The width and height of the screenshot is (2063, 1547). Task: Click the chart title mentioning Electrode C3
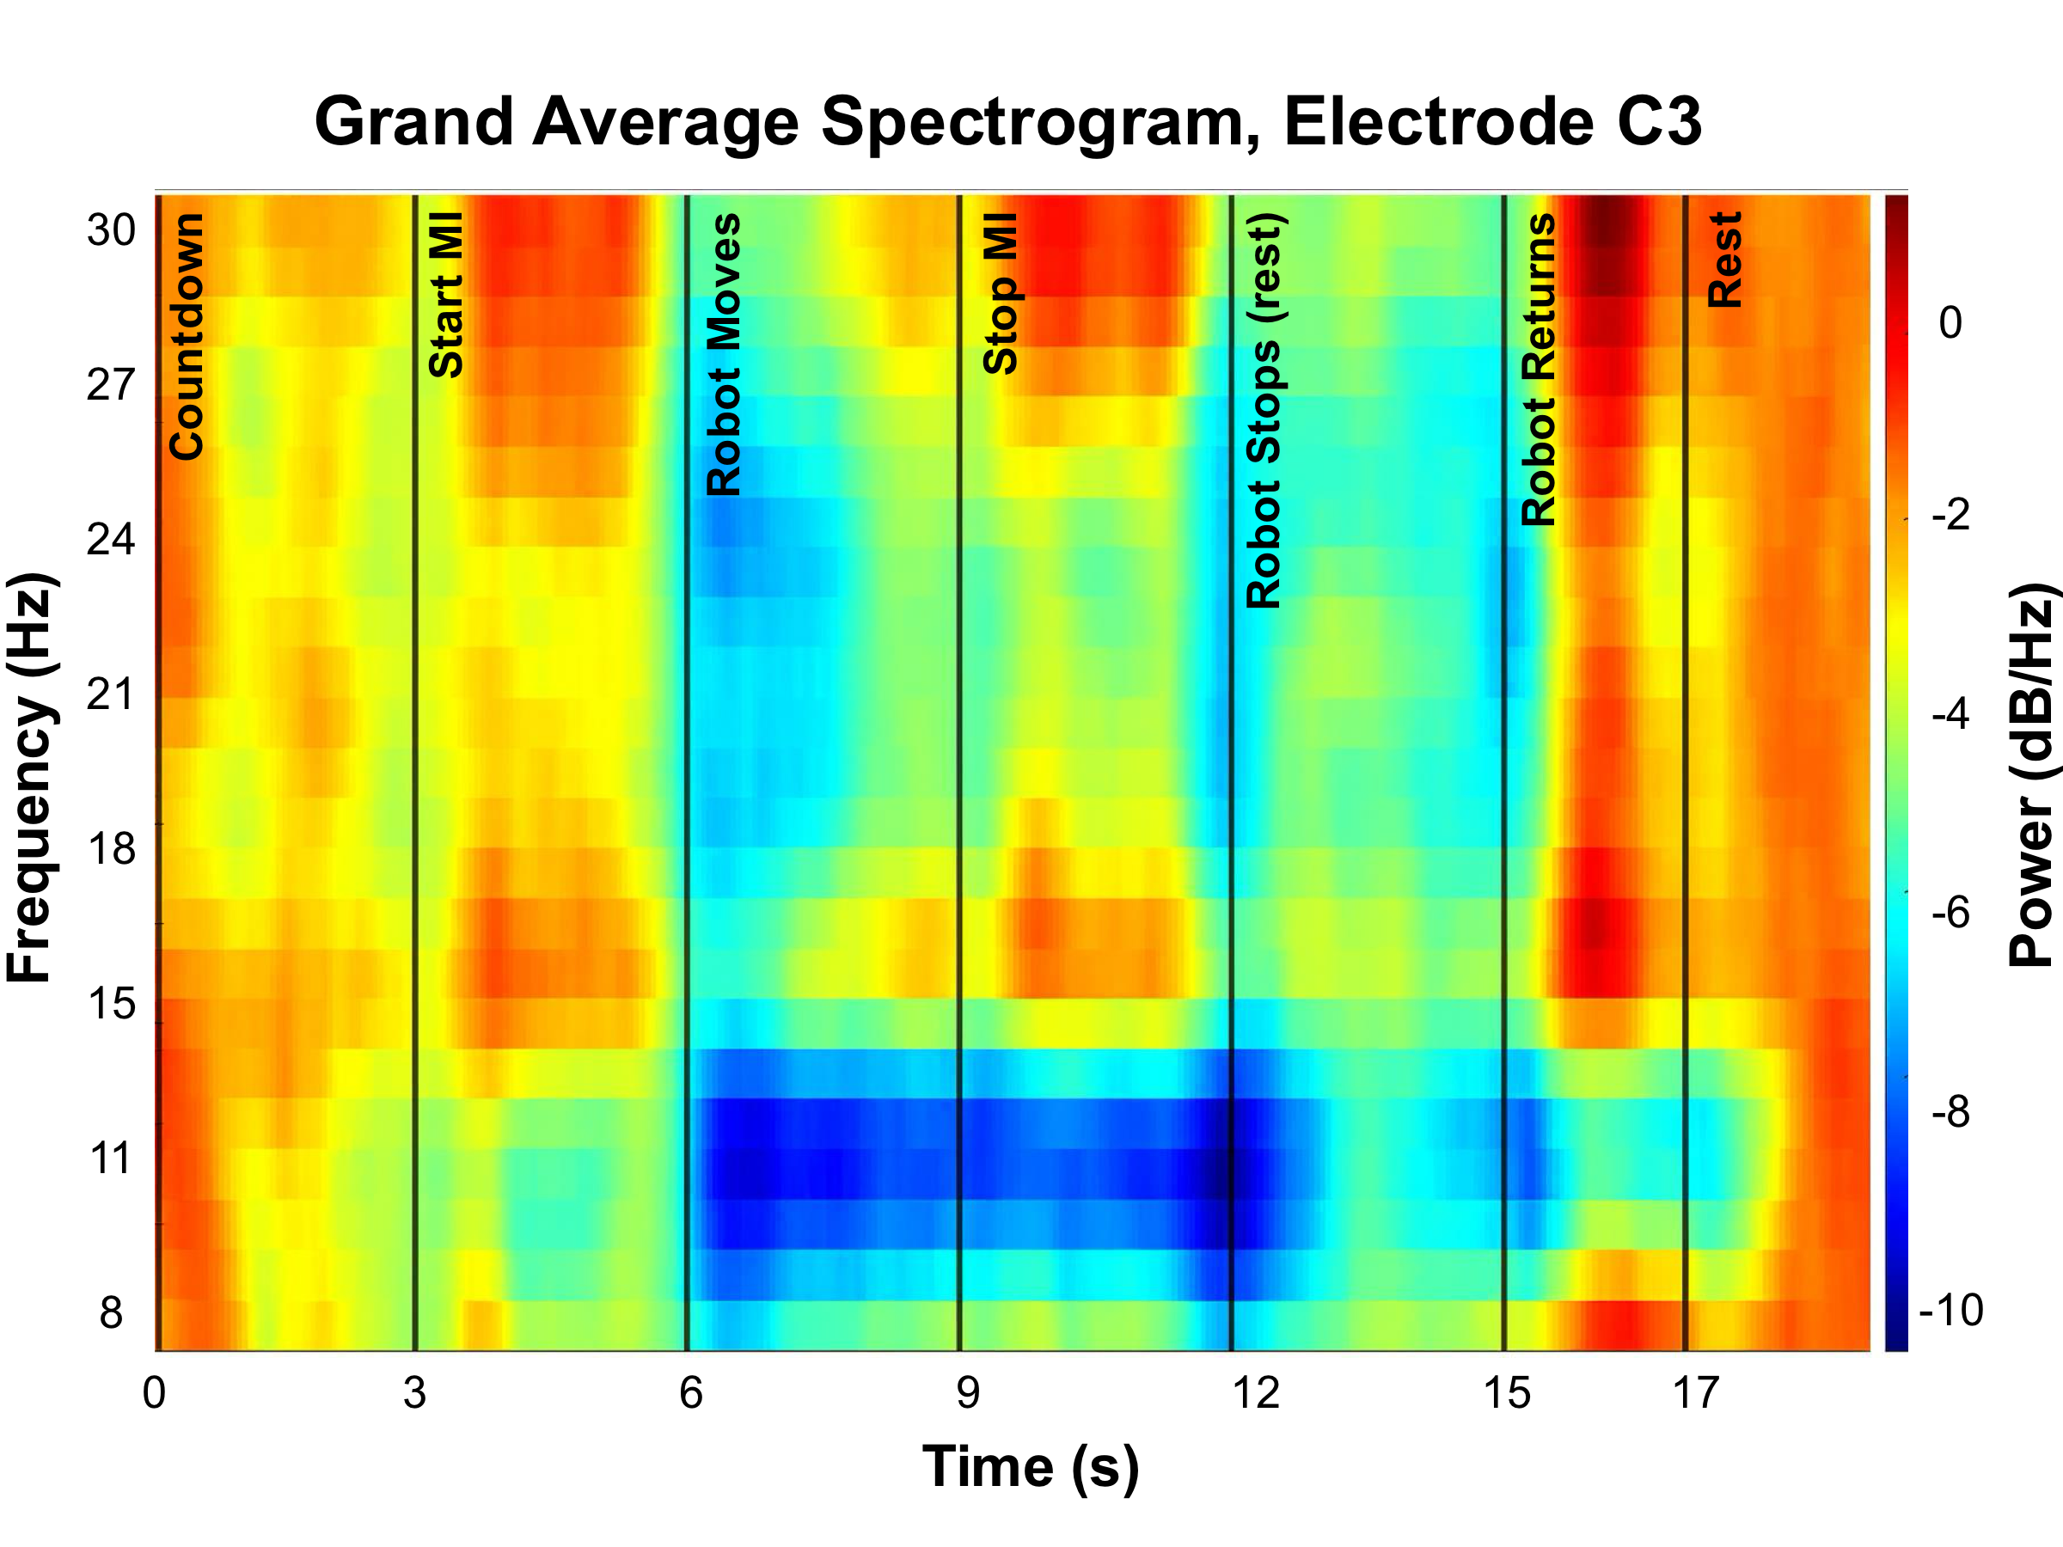click(x=1008, y=122)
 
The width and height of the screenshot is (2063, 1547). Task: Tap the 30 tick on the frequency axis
click(x=111, y=229)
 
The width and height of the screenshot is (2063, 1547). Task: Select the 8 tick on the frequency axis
click(x=111, y=1313)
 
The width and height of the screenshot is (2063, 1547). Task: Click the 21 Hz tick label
click(x=111, y=694)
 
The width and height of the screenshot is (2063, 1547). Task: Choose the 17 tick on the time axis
click(x=1694, y=1393)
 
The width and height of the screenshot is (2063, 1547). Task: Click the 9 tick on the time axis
click(x=968, y=1393)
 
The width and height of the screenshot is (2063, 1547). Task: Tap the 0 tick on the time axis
click(x=154, y=1393)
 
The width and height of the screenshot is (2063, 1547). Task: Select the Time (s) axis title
click(x=1031, y=1467)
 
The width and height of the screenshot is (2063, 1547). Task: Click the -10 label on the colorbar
click(x=1950, y=1310)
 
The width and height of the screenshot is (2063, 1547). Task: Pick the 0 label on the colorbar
click(x=1950, y=322)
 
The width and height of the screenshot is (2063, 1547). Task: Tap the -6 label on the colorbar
click(x=1950, y=912)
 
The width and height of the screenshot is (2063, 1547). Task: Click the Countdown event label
click(x=187, y=337)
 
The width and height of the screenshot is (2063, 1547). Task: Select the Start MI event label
click(x=446, y=294)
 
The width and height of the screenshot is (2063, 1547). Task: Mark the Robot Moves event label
click(x=724, y=354)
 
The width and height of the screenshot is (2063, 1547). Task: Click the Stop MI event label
click(x=1001, y=294)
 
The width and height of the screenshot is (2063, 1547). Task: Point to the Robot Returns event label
click(x=1539, y=370)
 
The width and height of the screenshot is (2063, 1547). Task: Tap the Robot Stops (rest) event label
click(x=1265, y=410)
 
